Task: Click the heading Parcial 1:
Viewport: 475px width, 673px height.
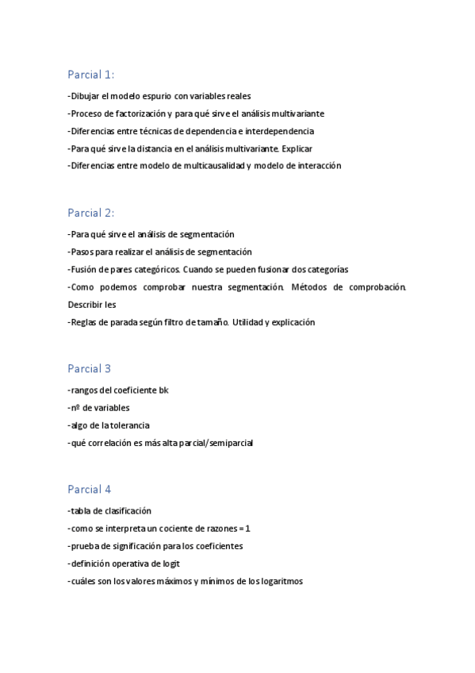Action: point(90,75)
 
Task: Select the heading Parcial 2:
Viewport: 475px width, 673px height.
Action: point(90,213)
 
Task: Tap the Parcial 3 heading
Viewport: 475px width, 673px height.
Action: point(89,368)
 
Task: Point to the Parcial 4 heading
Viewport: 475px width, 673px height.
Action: point(89,489)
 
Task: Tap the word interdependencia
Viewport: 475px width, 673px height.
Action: point(279,131)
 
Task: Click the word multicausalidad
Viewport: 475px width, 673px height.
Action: point(213,166)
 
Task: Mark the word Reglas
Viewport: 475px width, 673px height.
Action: point(86,322)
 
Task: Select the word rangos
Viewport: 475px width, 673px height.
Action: point(84,390)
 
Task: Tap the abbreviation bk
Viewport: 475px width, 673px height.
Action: point(163,390)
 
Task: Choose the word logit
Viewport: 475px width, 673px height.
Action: point(170,563)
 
